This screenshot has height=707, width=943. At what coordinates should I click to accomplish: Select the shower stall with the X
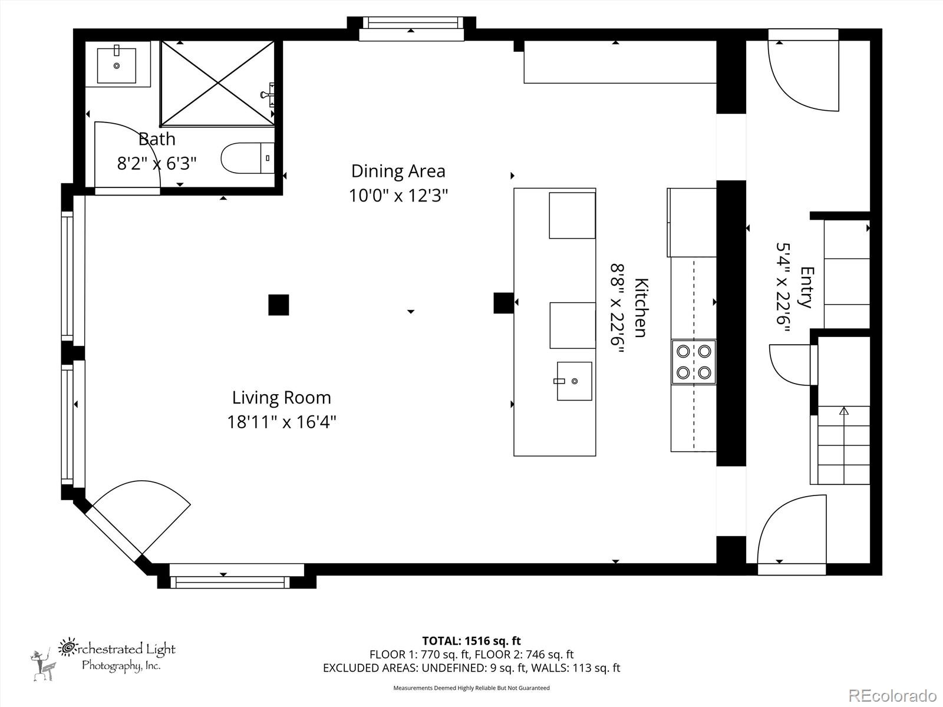pos(218,83)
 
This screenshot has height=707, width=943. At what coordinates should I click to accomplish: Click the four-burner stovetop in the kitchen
pos(693,362)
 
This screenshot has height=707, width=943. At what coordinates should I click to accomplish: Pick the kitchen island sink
pos(574,381)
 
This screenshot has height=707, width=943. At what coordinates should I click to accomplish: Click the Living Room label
pos(281,398)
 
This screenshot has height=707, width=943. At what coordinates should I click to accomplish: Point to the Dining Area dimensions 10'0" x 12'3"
pos(398,196)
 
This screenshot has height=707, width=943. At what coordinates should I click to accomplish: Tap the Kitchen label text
pos(641,308)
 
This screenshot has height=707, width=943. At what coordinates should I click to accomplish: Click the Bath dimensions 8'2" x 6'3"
pos(157,163)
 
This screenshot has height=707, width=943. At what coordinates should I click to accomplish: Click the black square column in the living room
pos(279,305)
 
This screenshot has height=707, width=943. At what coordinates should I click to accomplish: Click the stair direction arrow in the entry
pos(843,411)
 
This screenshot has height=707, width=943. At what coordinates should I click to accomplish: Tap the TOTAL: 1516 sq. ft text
pos(471,640)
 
